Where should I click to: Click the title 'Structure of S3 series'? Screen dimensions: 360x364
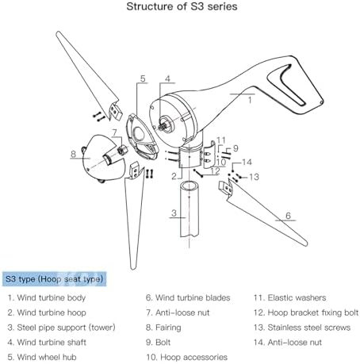[x=182, y=6]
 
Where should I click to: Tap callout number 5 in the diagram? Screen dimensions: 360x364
[x=143, y=79]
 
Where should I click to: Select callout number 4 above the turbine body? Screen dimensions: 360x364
[x=167, y=79]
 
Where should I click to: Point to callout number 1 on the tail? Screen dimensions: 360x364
[x=250, y=100]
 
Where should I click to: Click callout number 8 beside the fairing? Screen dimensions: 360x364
[x=73, y=154]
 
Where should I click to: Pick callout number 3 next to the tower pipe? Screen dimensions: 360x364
[x=174, y=213]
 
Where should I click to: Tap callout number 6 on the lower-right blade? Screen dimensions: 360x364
[x=288, y=216]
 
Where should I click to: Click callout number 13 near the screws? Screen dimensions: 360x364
[x=254, y=177]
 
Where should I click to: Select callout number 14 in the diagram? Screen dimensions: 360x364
[x=247, y=162]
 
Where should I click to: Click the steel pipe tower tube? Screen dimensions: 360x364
[x=190, y=209]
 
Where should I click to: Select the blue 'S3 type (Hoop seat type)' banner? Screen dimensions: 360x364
[x=54, y=279]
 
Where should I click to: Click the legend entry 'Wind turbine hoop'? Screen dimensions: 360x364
[x=47, y=312]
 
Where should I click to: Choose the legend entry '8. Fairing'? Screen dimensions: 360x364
[x=163, y=328]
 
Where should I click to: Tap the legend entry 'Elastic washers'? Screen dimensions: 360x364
[x=289, y=298]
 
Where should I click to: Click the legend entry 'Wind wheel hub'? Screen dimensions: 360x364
[x=42, y=357]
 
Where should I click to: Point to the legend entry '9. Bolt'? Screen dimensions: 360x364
[x=158, y=343]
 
